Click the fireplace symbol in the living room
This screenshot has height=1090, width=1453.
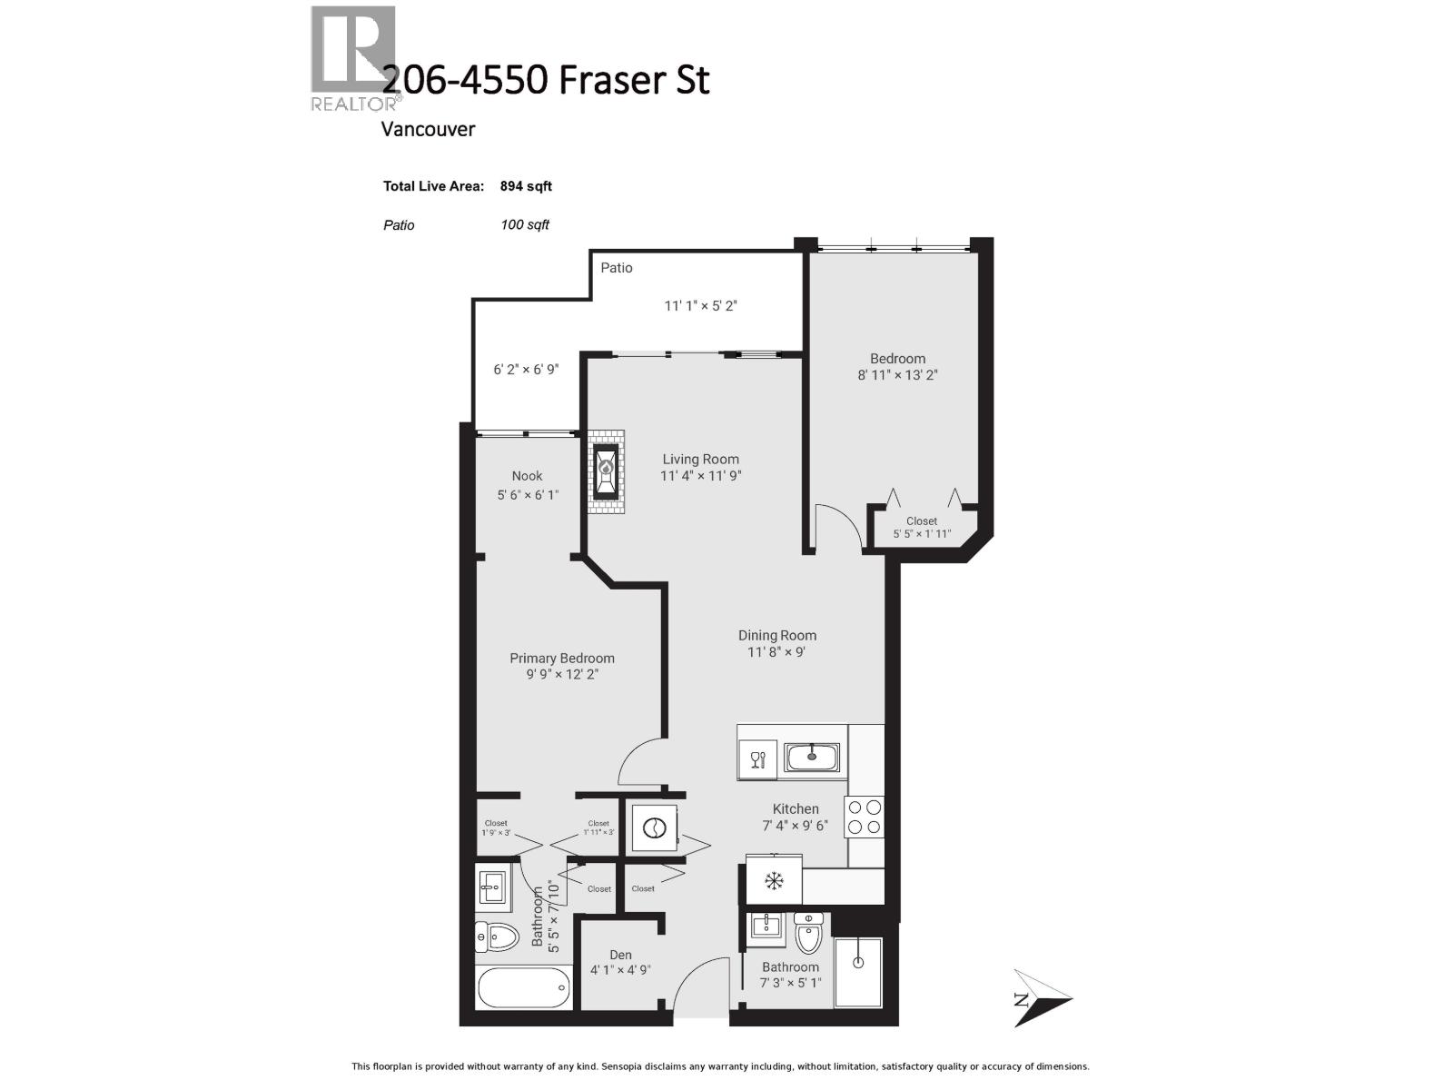click(606, 471)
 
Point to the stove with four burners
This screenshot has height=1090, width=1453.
click(864, 817)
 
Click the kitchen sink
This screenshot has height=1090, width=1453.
click(812, 756)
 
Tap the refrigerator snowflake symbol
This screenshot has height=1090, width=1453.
click(774, 880)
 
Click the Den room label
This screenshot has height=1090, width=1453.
click(620, 955)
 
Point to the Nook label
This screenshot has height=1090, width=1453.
click(527, 476)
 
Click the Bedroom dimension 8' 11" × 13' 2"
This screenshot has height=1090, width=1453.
click(897, 374)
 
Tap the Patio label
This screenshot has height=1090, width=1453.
click(617, 268)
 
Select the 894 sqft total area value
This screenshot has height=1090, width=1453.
click(526, 186)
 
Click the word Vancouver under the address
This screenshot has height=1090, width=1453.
click(428, 129)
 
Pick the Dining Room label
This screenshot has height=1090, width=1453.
click(776, 636)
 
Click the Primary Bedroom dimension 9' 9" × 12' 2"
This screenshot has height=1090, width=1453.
click(561, 675)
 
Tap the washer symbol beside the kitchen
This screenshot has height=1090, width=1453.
click(655, 827)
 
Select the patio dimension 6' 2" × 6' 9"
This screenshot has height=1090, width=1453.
click(526, 370)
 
